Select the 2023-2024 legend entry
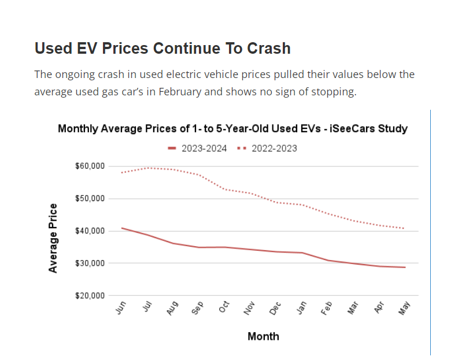pyautogui.click(x=197, y=149)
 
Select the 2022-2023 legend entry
pyautogui.click(x=267, y=149)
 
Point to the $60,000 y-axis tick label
pyautogui.click(x=90, y=166)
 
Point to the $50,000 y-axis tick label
pyautogui.click(x=90, y=199)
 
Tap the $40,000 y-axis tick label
pyautogui.click(x=90, y=231)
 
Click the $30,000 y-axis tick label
pyautogui.click(x=90, y=263)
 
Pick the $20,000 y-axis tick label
pyautogui.click(x=90, y=296)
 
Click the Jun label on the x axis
pyautogui.click(x=120, y=309)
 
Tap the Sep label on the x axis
pyautogui.click(x=198, y=309)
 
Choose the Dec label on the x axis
pyautogui.click(x=275, y=309)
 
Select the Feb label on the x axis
pyautogui.click(x=327, y=309)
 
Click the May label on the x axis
pyautogui.click(x=404, y=309)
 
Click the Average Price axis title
pyautogui.click(x=53, y=238)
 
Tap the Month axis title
pyautogui.click(x=263, y=336)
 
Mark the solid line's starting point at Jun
pyautogui.click(x=121, y=228)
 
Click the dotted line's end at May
pyautogui.click(x=404, y=228)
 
